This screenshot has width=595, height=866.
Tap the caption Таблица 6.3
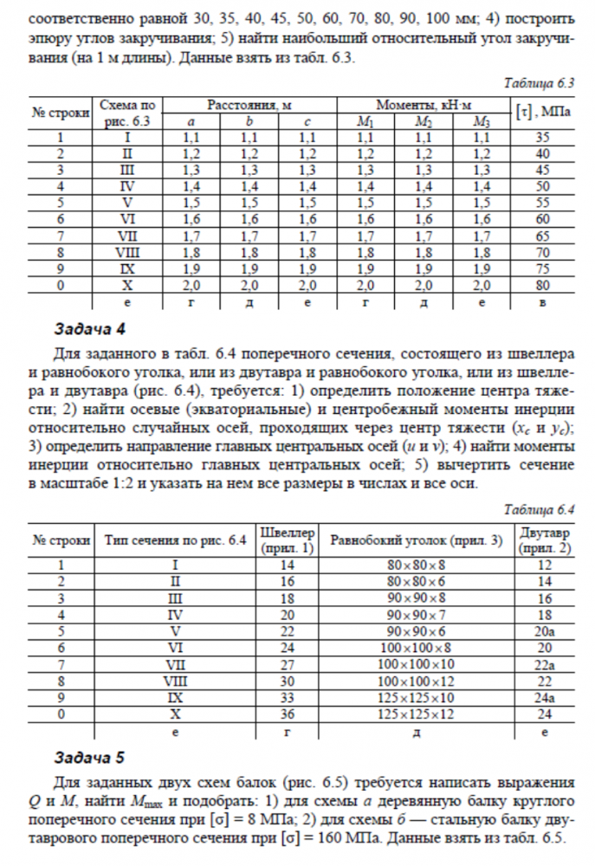[x=540, y=84]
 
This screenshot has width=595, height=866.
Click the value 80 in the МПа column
[x=543, y=285]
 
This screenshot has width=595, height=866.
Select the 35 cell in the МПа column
[x=543, y=137]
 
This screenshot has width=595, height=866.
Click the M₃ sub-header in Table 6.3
[x=482, y=121]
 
